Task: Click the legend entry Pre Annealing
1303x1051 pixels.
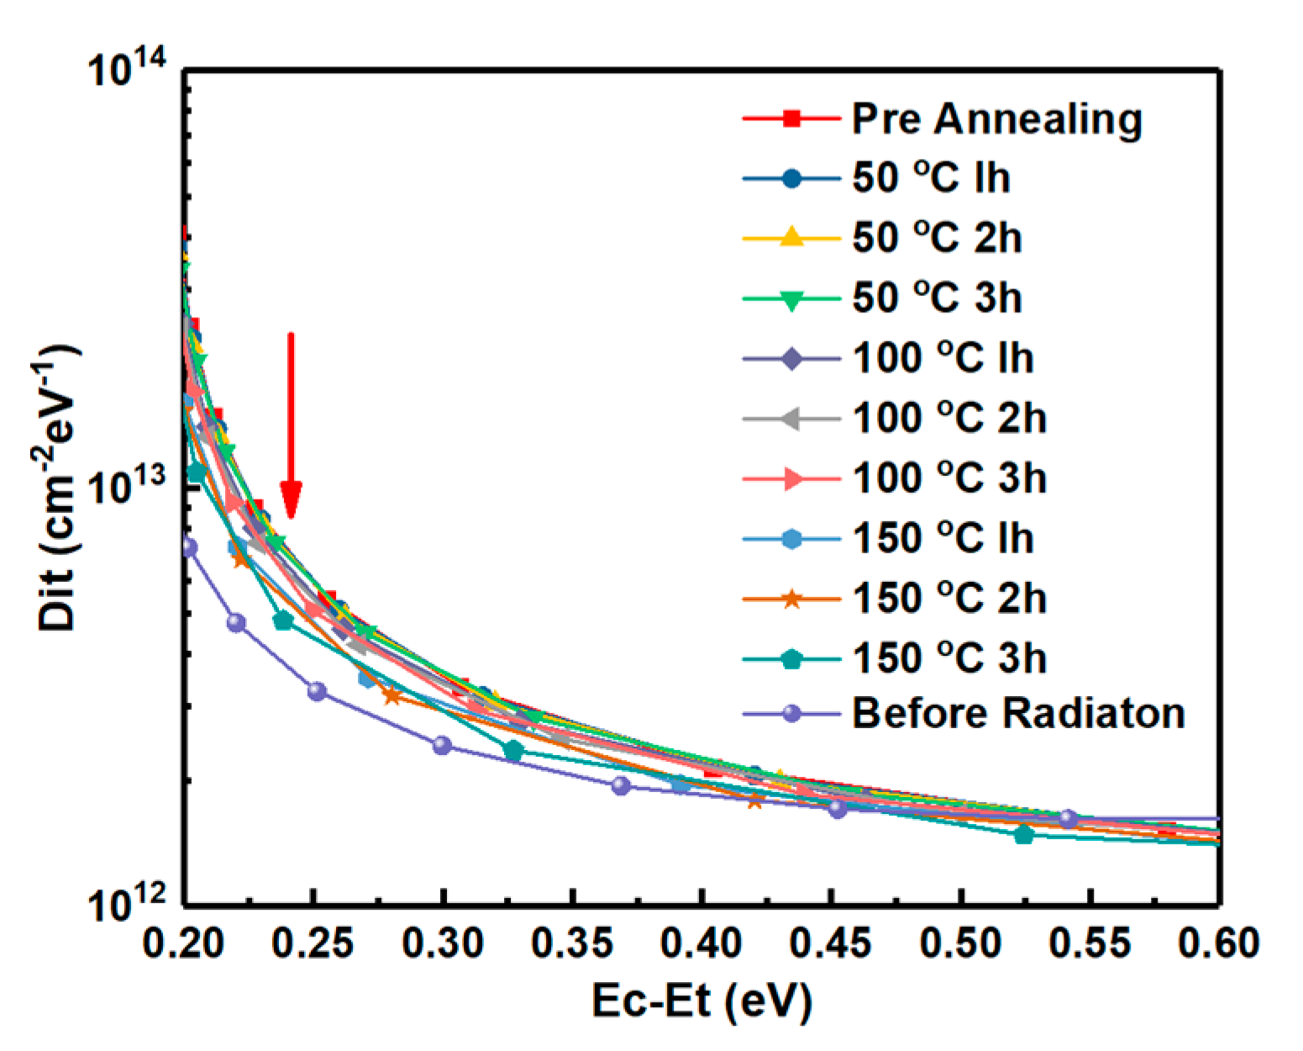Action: tap(996, 119)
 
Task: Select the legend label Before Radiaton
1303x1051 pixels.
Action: tap(1018, 713)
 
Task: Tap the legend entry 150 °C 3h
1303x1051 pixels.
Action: tap(949, 658)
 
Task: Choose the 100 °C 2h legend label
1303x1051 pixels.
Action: tap(949, 418)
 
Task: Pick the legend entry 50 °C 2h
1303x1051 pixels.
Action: tap(937, 238)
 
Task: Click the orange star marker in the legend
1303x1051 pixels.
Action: tap(791, 599)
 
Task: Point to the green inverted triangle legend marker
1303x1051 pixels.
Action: tap(791, 299)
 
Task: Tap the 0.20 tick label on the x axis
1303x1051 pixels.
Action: tap(182, 943)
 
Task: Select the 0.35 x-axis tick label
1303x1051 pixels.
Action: tap(571, 943)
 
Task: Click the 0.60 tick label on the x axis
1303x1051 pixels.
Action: tap(1218, 943)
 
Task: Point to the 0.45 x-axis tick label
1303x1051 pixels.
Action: tap(831, 943)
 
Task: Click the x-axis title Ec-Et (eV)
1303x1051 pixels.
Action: tap(701, 1002)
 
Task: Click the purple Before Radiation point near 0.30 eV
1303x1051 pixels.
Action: tap(442, 745)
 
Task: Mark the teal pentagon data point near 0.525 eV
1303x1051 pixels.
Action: tap(1023, 835)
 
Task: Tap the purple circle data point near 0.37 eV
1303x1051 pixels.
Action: tap(621, 785)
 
